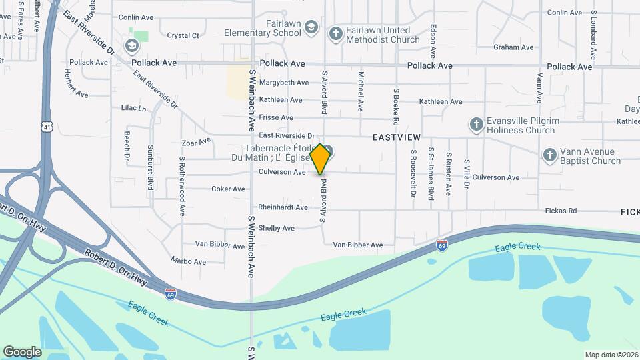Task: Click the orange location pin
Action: click(x=320, y=159)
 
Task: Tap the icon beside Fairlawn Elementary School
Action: click(x=311, y=28)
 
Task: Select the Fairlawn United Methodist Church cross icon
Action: click(x=335, y=33)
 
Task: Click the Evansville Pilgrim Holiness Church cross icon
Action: click(x=476, y=124)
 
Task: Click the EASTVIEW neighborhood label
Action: click(x=397, y=137)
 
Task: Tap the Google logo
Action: click(x=22, y=352)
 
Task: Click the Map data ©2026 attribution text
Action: click(x=611, y=355)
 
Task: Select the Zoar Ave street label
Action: click(x=196, y=141)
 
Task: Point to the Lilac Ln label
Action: click(x=133, y=107)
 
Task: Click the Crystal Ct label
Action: click(x=183, y=35)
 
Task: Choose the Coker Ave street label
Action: click(x=228, y=189)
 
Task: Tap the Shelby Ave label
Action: click(x=276, y=228)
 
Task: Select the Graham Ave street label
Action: click(x=514, y=47)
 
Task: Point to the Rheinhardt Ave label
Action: click(x=283, y=207)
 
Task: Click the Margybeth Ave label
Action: click(x=284, y=83)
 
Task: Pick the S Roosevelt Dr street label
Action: click(x=413, y=174)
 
